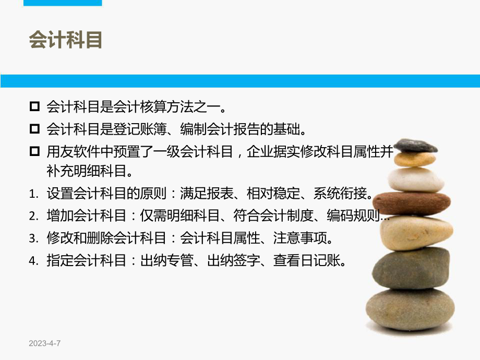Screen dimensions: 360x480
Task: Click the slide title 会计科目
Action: point(66,41)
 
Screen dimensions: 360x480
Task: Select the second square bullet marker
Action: point(35,128)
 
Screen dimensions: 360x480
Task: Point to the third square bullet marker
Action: point(35,151)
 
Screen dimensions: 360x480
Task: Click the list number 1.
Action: point(32,195)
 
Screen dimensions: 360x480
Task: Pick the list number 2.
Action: point(32,217)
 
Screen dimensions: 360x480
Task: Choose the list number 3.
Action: point(32,238)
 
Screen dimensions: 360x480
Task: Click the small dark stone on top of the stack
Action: point(415,146)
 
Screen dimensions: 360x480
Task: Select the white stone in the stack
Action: point(416,179)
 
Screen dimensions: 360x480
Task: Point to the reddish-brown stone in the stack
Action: point(412,203)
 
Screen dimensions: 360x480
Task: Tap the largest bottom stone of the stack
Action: point(410,309)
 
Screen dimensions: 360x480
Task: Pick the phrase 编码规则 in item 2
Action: point(354,217)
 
